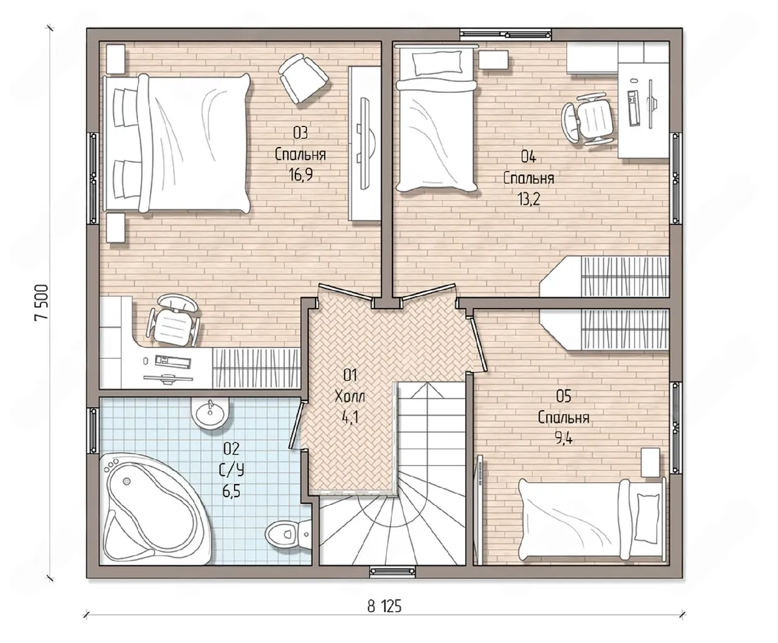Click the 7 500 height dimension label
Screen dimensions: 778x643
coord(41,303)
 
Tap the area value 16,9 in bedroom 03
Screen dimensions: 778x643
coord(300,174)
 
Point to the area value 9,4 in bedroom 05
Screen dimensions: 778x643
coord(564,438)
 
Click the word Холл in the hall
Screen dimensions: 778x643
coord(350,396)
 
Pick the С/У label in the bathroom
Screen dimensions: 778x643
coord(232,471)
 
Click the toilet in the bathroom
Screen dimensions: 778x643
coord(288,534)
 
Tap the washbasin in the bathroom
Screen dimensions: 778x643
coord(210,413)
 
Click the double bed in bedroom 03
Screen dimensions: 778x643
coord(177,143)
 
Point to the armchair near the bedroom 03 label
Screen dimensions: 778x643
coord(303,78)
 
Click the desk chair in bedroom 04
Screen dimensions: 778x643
coord(587,120)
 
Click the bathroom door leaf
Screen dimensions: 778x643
coord(297,425)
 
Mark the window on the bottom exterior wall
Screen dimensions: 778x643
coord(393,571)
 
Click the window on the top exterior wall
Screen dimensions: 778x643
coord(506,34)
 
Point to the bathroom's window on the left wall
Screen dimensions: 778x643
coord(93,431)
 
